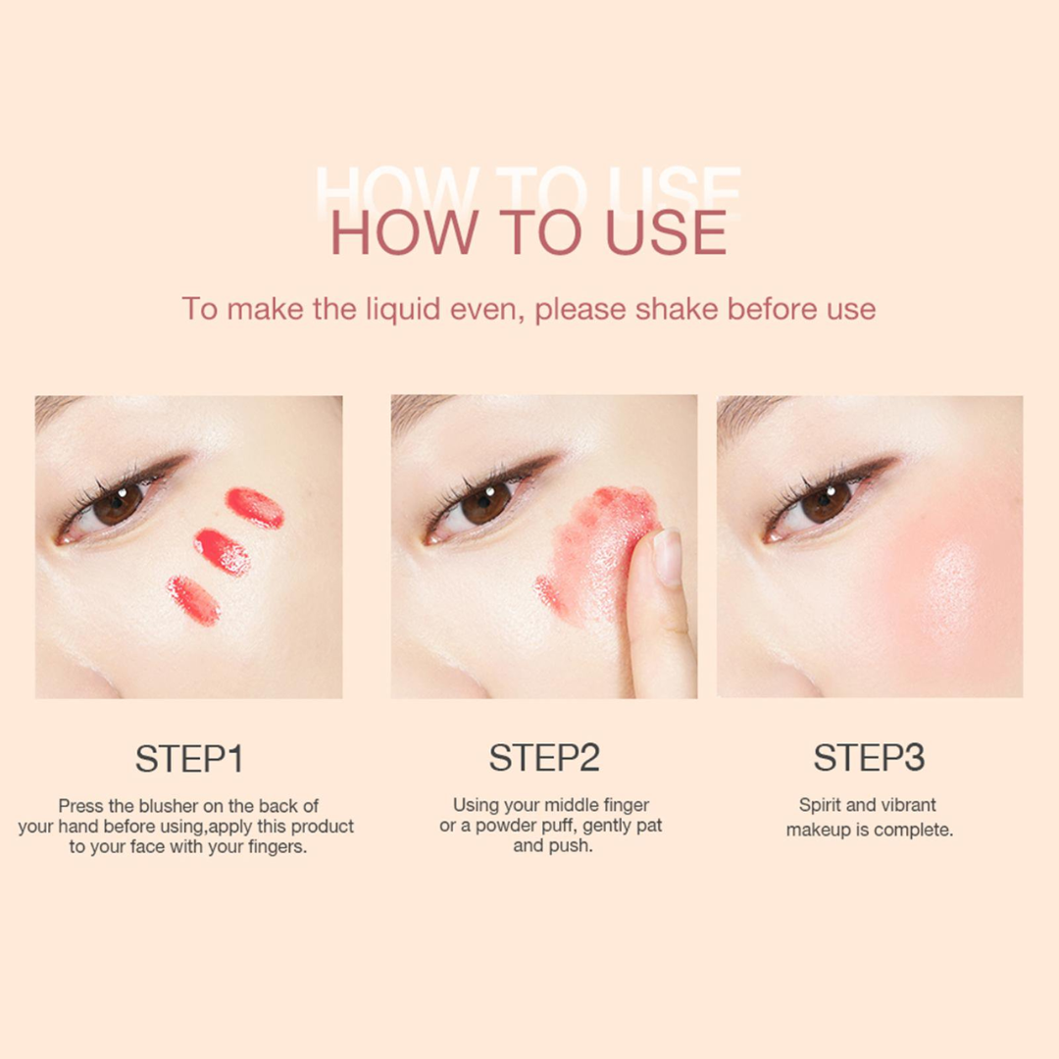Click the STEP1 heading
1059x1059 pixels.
click(x=189, y=758)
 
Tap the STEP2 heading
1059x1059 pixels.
click(x=544, y=757)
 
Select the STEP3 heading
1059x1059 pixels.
click(x=869, y=757)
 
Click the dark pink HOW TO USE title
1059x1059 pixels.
click(x=529, y=232)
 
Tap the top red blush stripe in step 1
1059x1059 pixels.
click(x=255, y=507)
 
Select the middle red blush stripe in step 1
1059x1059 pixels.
click(x=222, y=552)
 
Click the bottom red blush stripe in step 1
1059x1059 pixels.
click(x=194, y=600)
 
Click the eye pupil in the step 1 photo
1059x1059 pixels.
click(x=118, y=505)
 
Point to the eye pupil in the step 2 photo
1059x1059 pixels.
click(x=484, y=502)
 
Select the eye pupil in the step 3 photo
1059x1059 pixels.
click(x=826, y=502)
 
